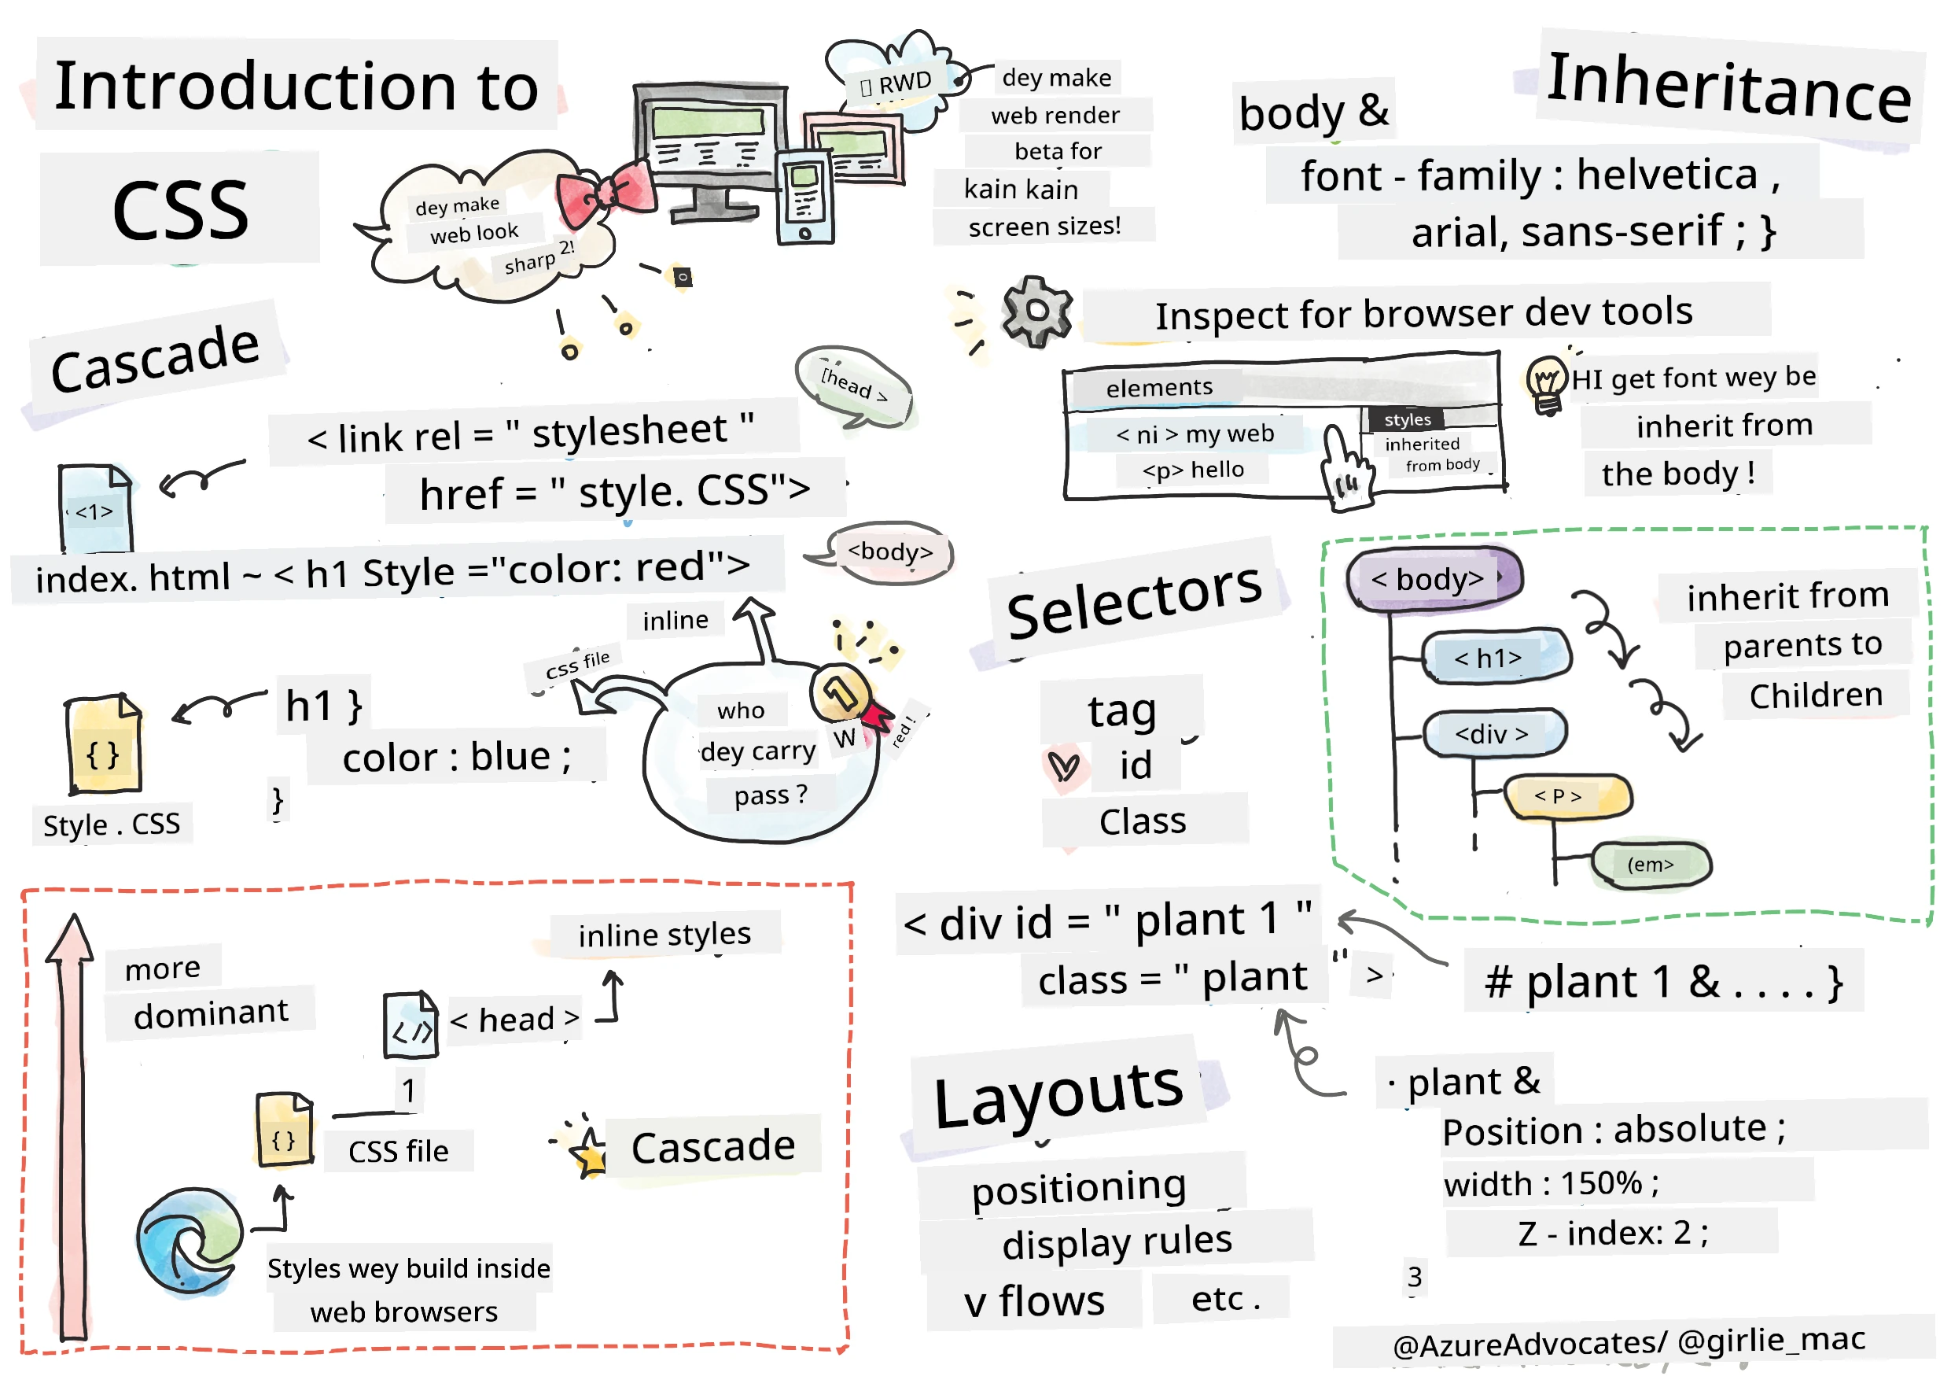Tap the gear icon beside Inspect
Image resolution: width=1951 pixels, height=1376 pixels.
1036,311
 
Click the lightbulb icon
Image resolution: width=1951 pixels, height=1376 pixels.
1547,382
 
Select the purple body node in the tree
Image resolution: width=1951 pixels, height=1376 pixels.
1434,579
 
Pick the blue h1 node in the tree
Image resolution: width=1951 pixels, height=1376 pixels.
1496,657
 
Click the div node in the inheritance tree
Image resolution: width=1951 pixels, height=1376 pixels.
1495,733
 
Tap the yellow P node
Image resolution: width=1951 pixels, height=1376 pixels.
1568,796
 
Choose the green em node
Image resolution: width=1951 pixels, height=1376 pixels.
1650,865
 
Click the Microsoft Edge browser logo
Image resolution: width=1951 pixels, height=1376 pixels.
190,1241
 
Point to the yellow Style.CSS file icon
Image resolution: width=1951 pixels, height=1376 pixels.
104,743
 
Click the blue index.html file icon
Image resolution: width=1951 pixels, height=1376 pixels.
95,508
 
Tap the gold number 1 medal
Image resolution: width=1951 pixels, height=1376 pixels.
841,692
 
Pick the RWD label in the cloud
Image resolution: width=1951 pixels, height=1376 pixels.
896,84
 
